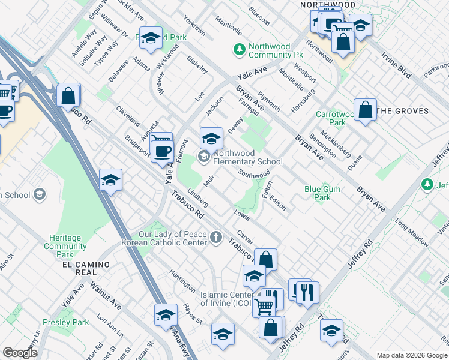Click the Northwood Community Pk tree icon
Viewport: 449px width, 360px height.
240,49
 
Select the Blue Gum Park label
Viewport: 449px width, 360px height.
318,193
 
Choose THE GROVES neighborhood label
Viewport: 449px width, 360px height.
403,111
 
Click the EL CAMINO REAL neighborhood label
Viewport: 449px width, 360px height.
85,268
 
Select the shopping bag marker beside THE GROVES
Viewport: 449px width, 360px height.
365,110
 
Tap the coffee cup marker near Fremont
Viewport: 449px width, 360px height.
161,151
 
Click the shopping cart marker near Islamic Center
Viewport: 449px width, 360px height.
264,306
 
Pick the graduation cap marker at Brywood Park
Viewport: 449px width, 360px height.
151,38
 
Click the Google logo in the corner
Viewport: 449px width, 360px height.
20,352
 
